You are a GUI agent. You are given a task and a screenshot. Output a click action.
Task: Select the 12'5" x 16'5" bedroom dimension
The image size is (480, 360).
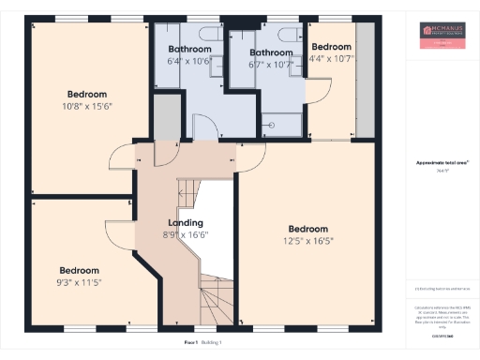point(308,241)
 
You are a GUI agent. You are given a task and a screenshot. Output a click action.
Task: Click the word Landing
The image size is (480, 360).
point(185,222)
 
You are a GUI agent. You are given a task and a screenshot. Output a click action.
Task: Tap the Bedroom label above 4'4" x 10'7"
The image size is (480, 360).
point(331,47)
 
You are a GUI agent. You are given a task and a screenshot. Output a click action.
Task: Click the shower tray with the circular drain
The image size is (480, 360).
point(281,126)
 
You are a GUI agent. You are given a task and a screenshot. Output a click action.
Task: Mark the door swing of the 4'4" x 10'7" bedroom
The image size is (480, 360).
point(322,89)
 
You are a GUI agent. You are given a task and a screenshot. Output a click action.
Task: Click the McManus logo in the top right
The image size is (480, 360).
point(441,37)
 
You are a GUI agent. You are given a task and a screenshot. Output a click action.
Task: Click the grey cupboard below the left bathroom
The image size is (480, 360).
point(165,117)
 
